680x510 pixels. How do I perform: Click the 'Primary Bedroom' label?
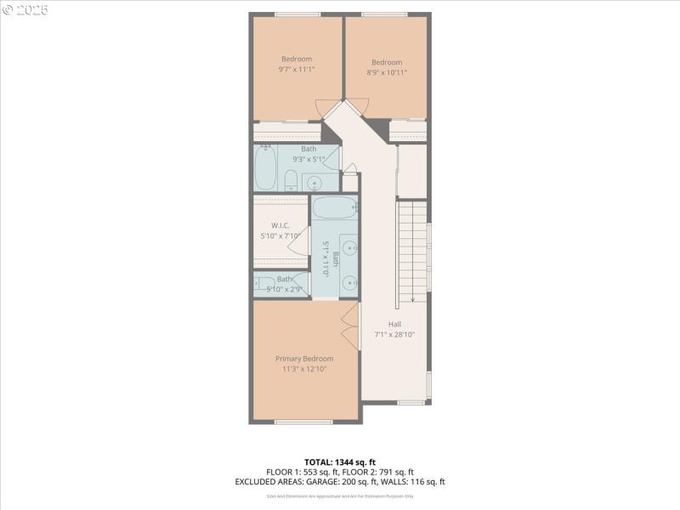click(303, 359)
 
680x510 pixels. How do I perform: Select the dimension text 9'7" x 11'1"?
click(297, 70)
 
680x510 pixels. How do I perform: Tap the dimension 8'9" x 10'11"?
click(386, 72)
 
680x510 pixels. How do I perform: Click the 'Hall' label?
click(394, 324)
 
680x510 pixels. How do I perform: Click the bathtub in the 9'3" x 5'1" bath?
click(266, 168)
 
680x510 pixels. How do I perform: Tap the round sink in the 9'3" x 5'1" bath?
click(314, 181)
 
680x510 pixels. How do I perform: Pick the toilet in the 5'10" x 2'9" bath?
click(263, 285)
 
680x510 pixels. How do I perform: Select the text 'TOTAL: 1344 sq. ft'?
click(340, 462)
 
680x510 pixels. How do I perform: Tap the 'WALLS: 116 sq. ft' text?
click(417, 482)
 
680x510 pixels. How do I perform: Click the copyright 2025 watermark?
click(25, 10)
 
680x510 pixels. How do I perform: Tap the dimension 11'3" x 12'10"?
click(304, 369)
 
